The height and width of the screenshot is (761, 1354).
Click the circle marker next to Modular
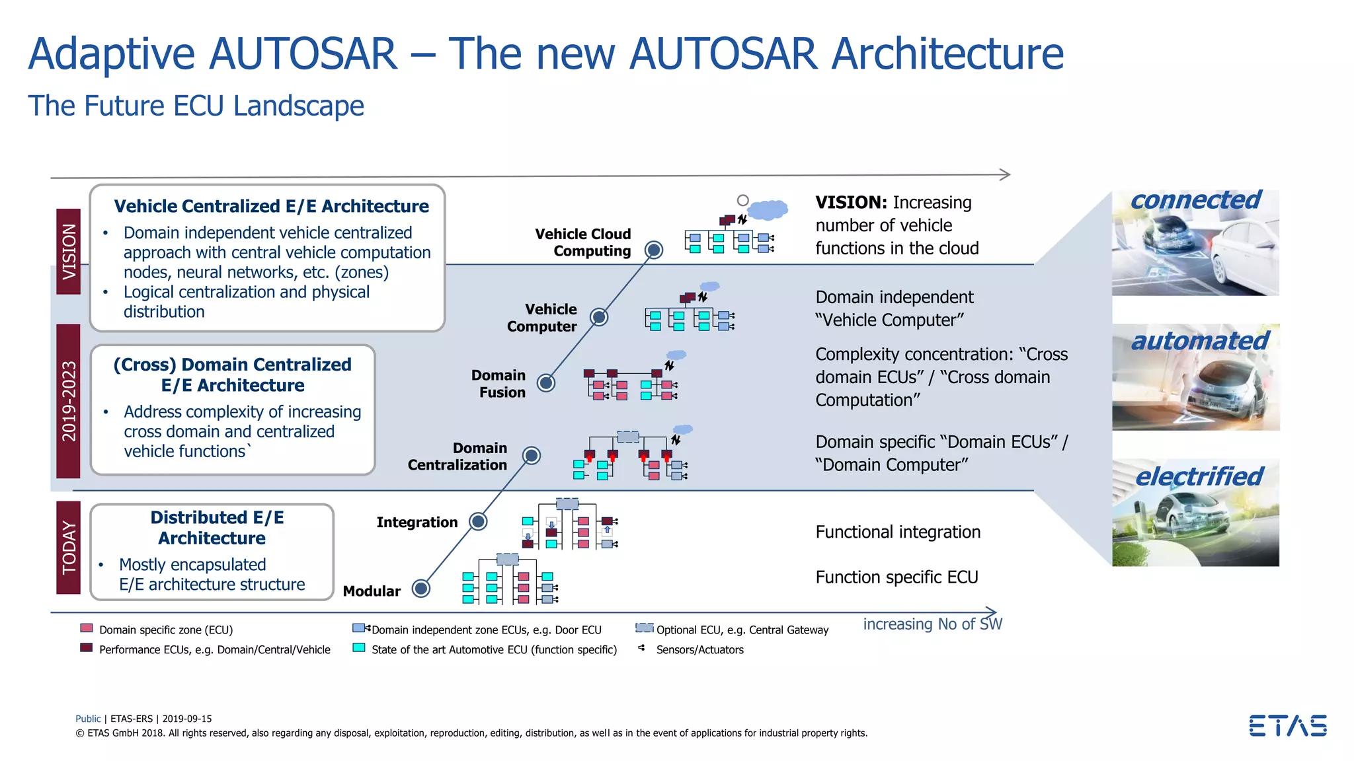(x=421, y=588)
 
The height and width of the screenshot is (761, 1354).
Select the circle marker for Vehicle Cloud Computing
(x=654, y=250)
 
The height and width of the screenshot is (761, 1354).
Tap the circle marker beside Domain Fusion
(x=546, y=382)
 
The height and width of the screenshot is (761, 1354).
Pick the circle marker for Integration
(x=479, y=521)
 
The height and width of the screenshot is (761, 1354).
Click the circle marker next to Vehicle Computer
(x=599, y=317)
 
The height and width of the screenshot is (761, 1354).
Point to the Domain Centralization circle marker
(x=532, y=455)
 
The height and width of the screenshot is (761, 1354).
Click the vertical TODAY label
(x=69, y=548)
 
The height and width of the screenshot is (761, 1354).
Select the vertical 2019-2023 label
(x=69, y=401)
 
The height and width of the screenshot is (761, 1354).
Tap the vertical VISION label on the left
(x=69, y=252)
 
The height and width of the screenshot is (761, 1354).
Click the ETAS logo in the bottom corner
(x=1287, y=725)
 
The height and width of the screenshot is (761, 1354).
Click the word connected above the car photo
(x=1195, y=200)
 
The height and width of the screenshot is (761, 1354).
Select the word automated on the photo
(x=1199, y=341)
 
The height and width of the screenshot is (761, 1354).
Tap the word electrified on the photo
(x=1199, y=476)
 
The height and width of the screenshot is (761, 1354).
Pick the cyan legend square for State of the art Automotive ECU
(x=359, y=647)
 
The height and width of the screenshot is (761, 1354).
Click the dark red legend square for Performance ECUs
(x=87, y=647)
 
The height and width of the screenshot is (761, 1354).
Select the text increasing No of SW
(x=932, y=624)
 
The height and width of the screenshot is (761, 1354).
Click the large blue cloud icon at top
(x=767, y=209)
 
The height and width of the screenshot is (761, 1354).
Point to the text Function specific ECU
(x=896, y=577)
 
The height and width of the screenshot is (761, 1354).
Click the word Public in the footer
(x=88, y=719)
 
